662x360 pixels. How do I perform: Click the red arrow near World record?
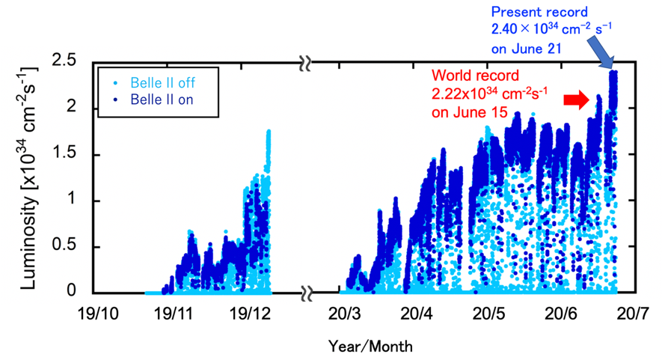[x=577, y=100]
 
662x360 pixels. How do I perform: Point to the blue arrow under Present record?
[x=599, y=52]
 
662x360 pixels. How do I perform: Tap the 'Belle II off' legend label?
[x=162, y=82]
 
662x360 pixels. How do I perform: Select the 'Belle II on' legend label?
[x=162, y=100]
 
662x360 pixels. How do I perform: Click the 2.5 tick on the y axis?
[x=64, y=61]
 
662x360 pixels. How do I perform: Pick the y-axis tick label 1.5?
[x=64, y=153]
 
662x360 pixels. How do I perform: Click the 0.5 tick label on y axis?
[x=64, y=245]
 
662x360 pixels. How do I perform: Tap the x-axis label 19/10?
[x=99, y=314]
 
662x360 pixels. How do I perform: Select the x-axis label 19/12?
[x=251, y=314]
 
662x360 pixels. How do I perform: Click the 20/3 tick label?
[x=346, y=314]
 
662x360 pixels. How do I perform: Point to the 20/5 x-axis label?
[x=489, y=314]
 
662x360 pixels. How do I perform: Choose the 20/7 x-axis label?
[x=632, y=314]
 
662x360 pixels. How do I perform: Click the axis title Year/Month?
[x=370, y=347]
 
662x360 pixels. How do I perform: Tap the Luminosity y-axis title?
[x=29, y=178]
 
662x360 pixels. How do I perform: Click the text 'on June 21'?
[x=526, y=49]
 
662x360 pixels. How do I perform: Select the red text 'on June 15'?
[x=469, y=112]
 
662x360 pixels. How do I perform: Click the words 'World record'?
[x=475, y=76]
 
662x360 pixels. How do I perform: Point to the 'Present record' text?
[x=539, y=12]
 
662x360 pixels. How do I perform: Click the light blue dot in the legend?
[x=115, y=83]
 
